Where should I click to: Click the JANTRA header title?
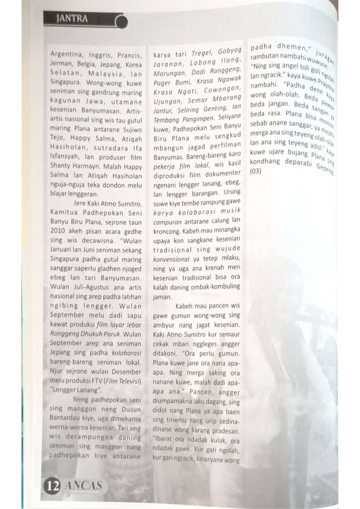tap(72, 19)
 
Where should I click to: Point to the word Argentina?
tap(68, 55)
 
